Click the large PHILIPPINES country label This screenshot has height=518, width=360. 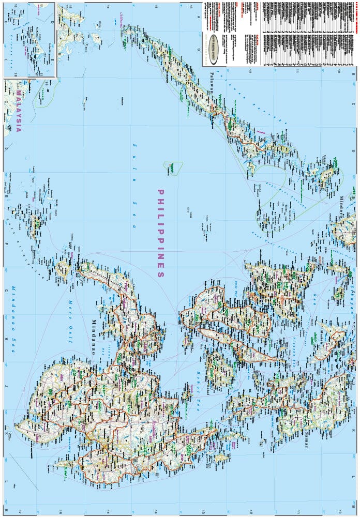click(161, 233)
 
